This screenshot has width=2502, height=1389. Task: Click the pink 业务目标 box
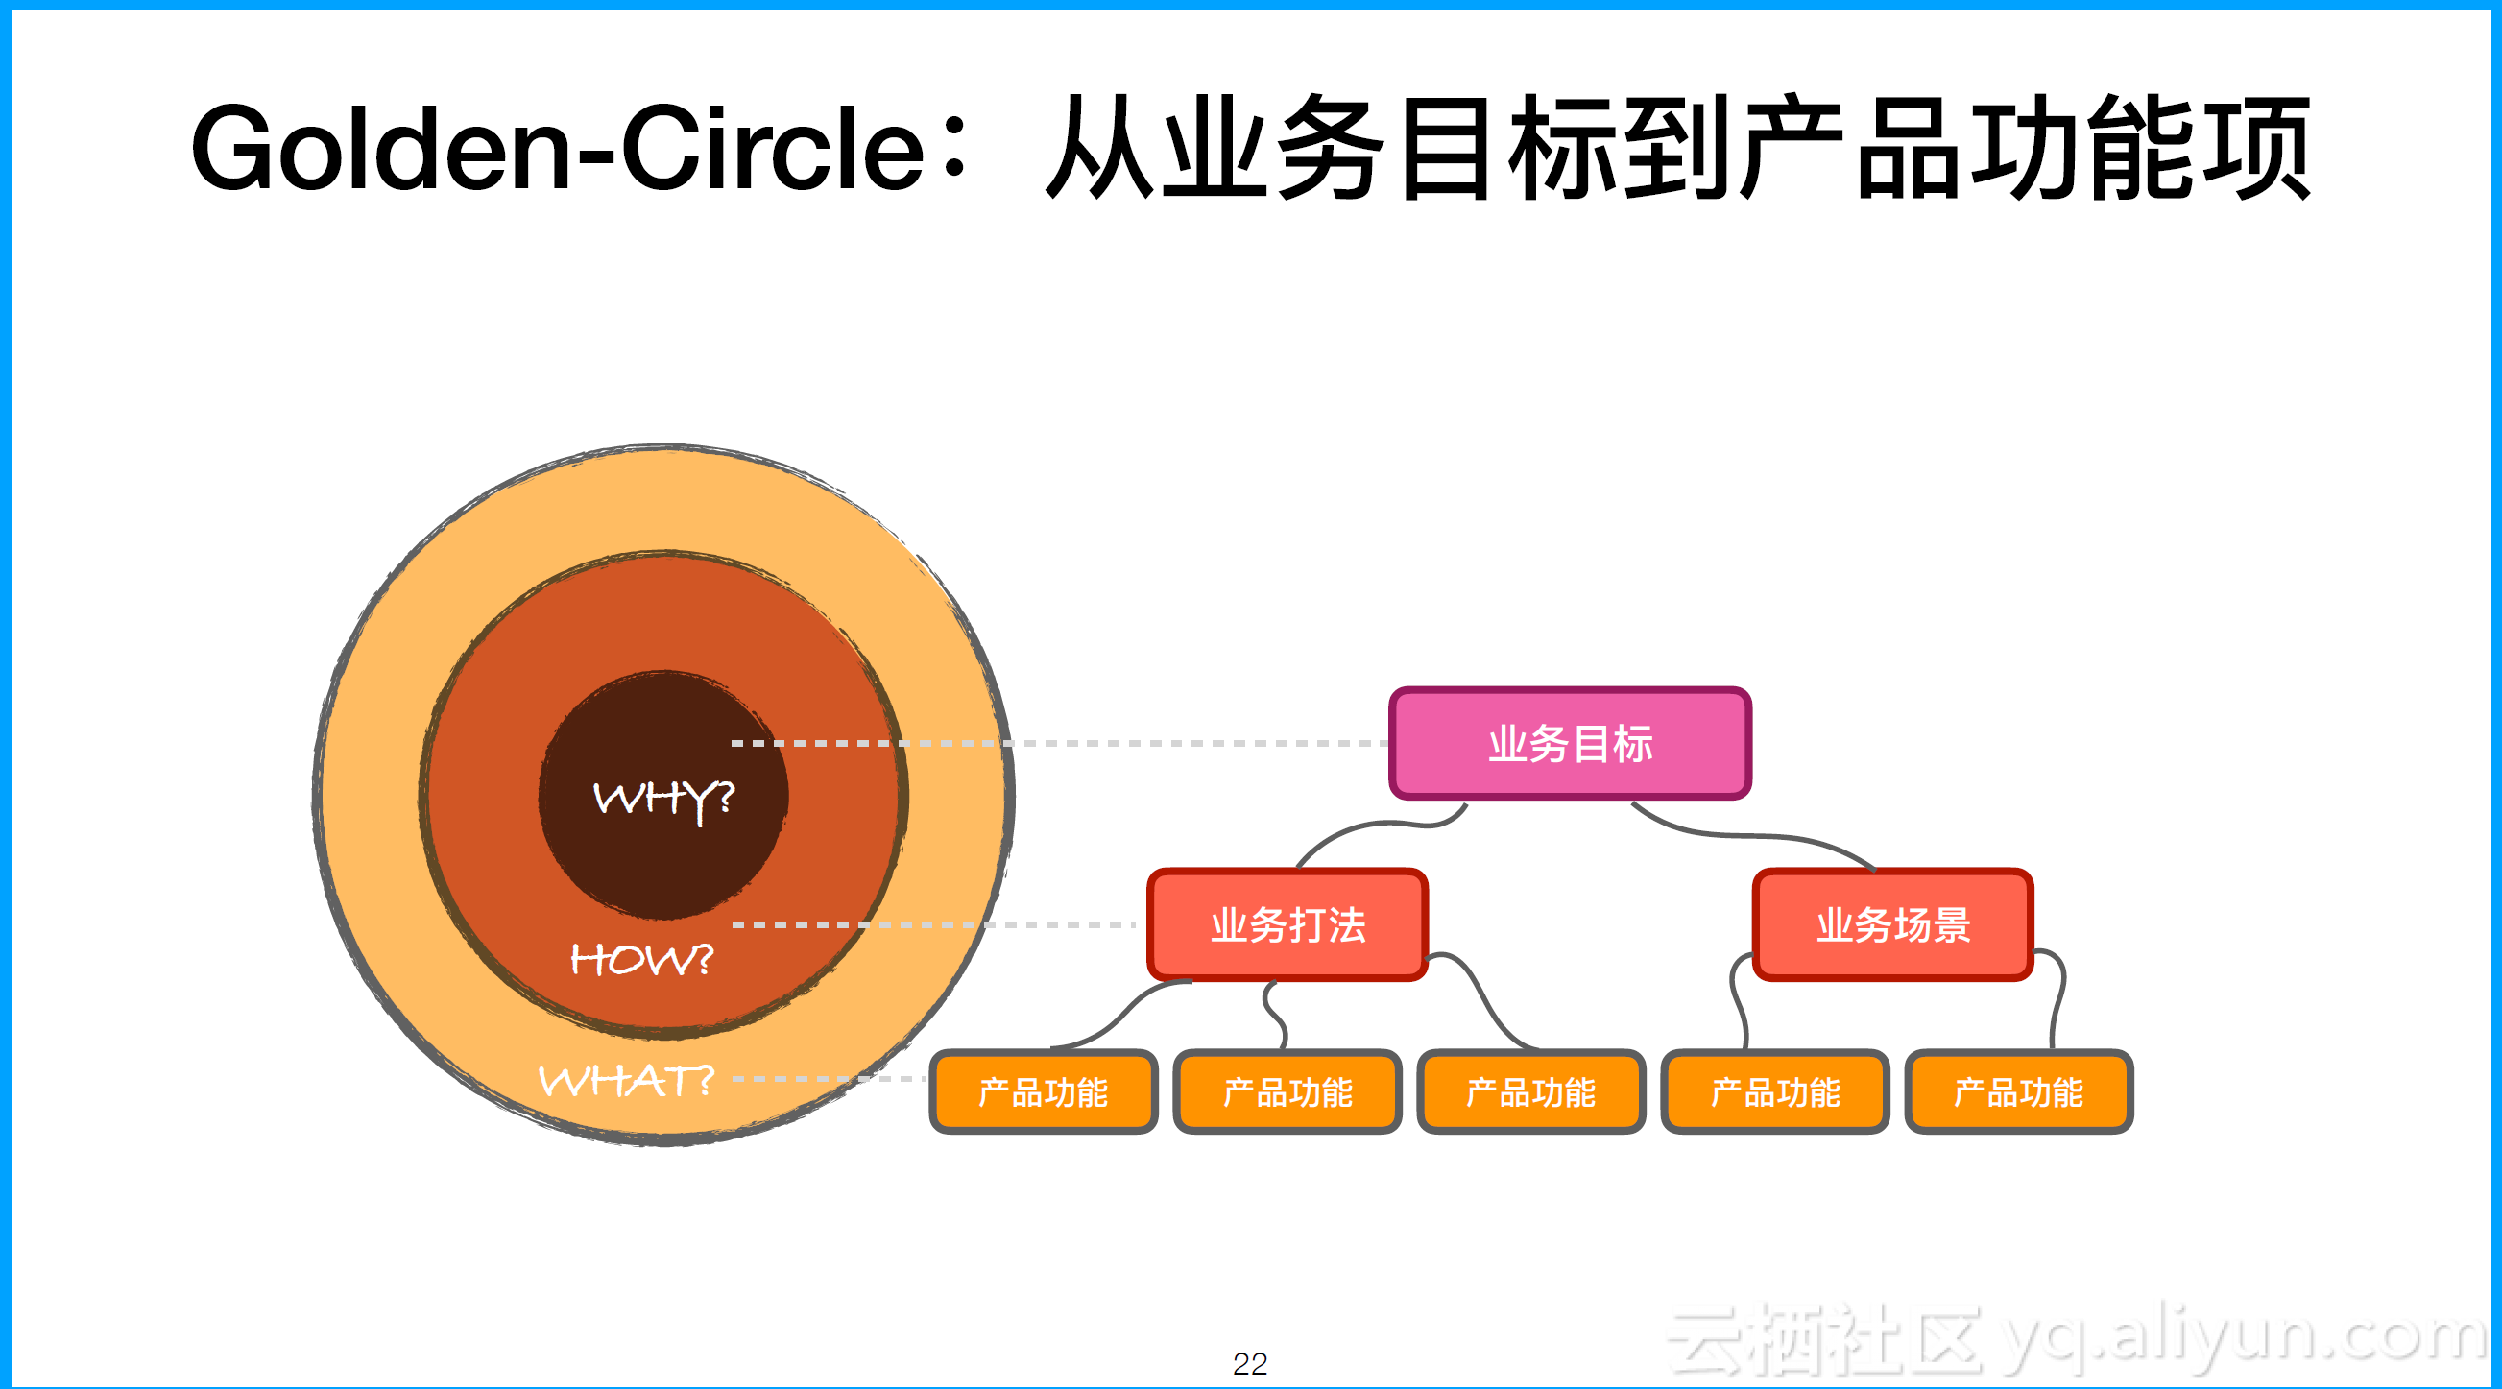[1570, 744]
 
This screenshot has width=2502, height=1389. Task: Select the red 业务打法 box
[1287, 924]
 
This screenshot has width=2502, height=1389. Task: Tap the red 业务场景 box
[1893, 924]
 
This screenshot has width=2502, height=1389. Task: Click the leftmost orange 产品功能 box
[1044, 1091]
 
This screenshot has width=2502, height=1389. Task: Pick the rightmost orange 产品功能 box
[2018, 1091]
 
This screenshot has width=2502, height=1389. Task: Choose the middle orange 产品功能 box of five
[1530, 1091]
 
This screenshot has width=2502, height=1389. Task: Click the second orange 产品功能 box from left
[1287, 1091]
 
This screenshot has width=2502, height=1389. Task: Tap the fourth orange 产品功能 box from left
[1774, 1091]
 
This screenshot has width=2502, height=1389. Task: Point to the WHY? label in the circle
[663, 799]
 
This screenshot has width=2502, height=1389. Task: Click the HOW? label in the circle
[641, 960]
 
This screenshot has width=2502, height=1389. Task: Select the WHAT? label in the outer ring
[627, 1080]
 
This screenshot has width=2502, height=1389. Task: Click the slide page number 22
[1250, 1364]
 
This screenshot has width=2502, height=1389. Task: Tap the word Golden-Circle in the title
[558, 149]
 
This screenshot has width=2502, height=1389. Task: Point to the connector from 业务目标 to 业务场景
[1748, 833]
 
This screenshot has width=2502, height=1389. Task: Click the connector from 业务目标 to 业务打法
[1380, 826]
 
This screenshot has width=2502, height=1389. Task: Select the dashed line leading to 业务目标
[1166, 743]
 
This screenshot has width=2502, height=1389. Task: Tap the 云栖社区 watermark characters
[1826, 1338]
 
